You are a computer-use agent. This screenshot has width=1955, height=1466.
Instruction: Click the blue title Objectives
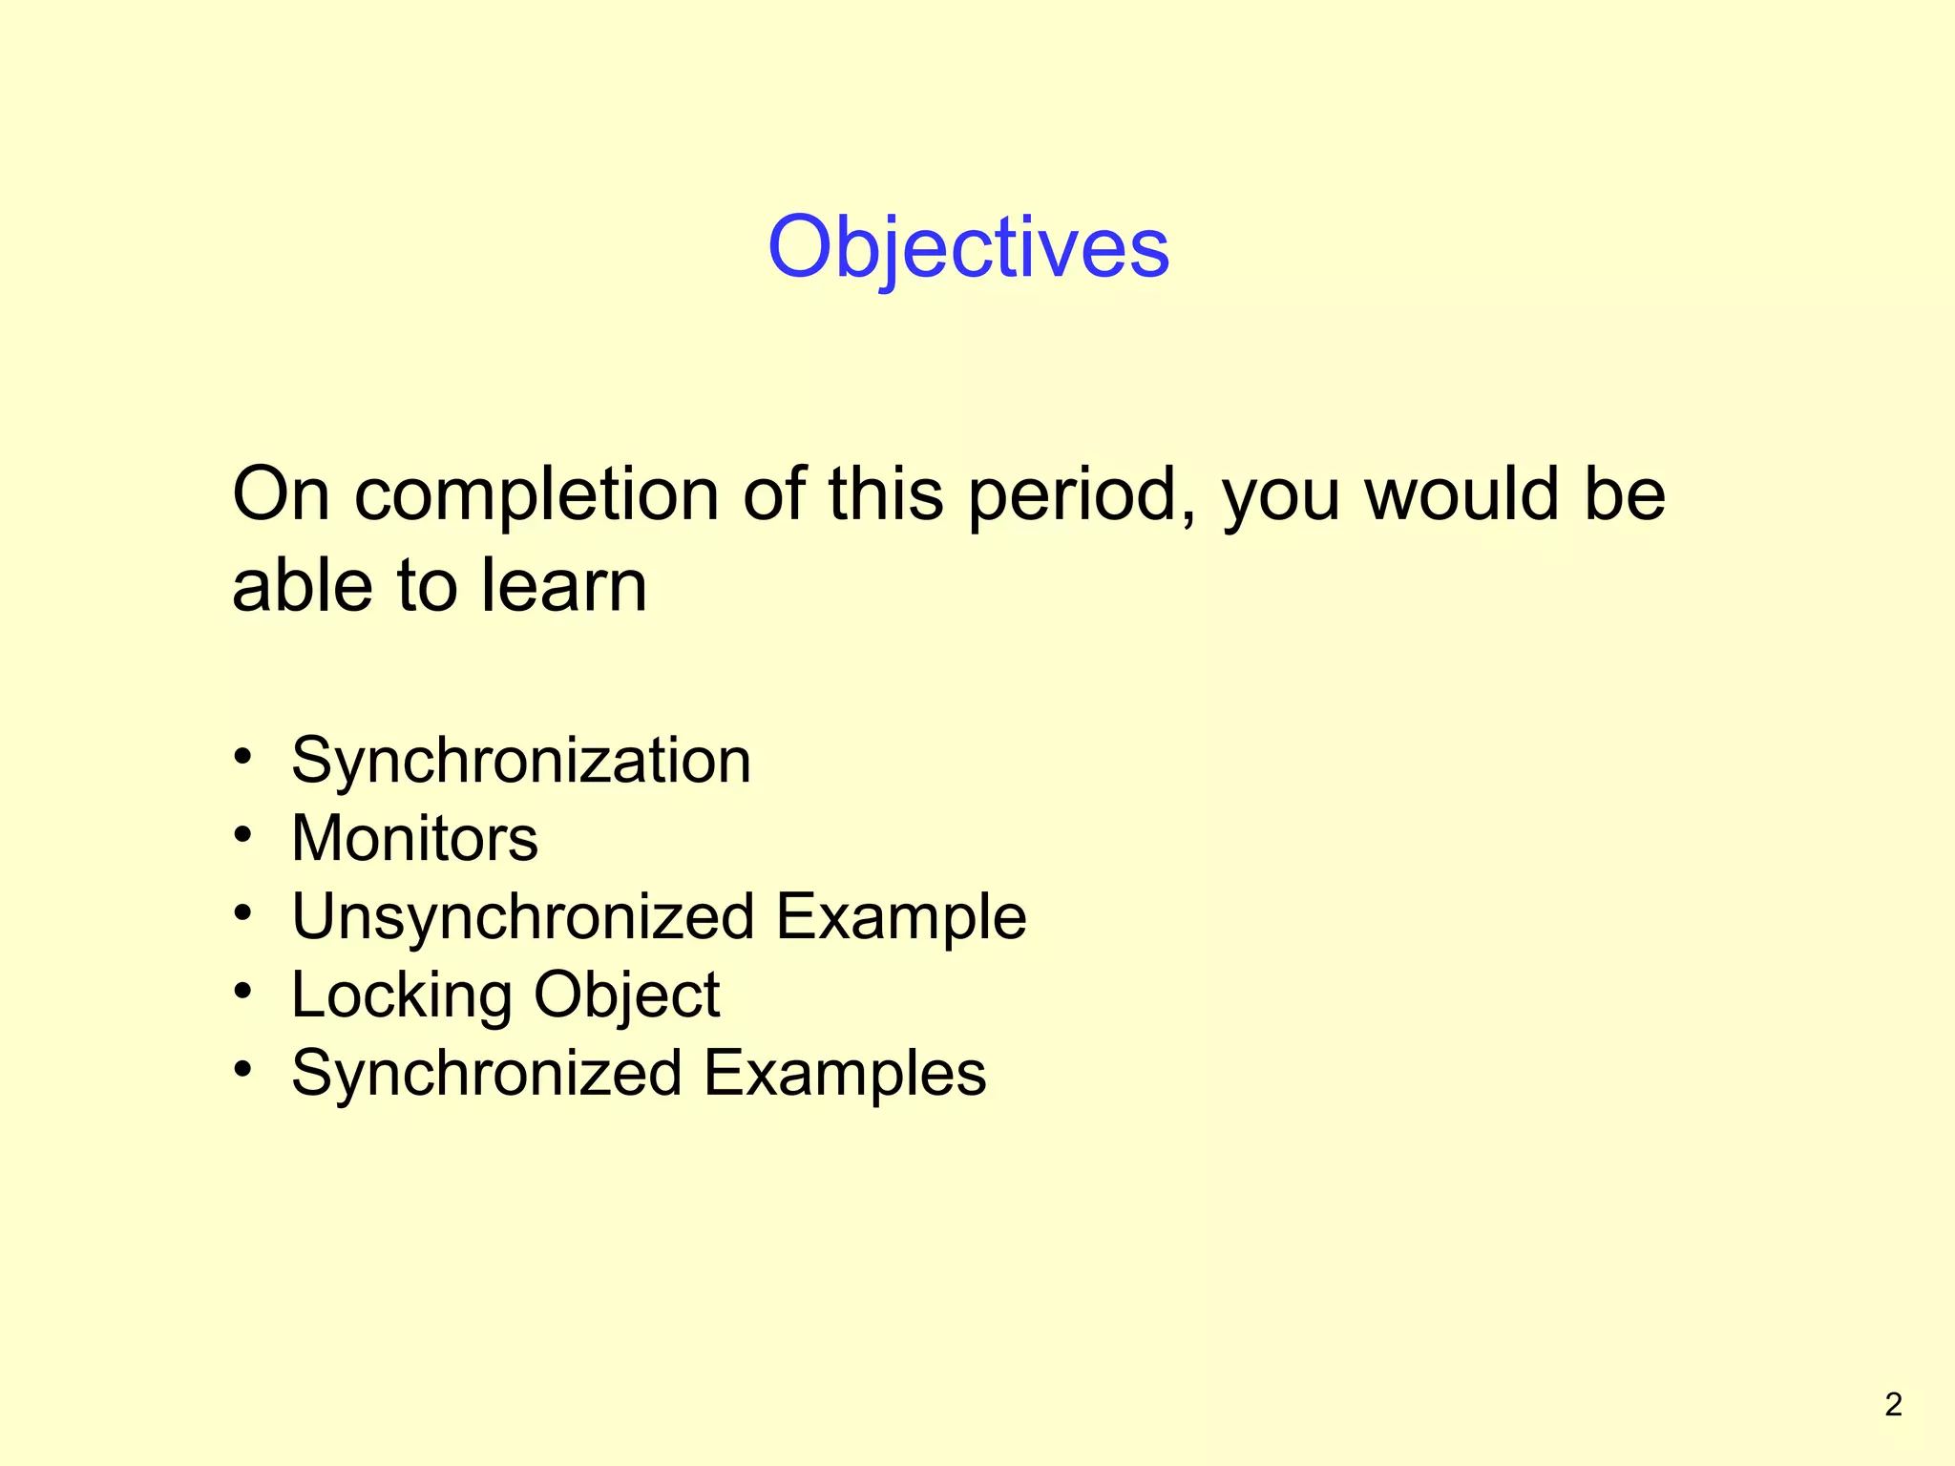click(x=968, y=247)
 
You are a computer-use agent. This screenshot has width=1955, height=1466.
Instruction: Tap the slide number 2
click(x=1893, y=1404)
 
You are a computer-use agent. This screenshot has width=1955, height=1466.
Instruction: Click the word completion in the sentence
click(x=536, y=494)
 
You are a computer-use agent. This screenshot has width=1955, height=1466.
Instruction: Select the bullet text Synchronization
click(x=521, y=762)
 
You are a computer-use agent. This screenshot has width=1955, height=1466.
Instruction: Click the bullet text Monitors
click(x=414, y=839)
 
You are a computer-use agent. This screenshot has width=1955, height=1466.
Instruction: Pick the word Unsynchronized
click(x=523, y=917)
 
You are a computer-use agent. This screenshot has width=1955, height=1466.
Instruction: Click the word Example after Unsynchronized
click(x=900, y=917)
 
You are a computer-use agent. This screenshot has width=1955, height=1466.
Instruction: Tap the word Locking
click(x=401, y=995)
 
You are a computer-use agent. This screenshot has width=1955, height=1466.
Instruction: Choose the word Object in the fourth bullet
click(x=626, y=995)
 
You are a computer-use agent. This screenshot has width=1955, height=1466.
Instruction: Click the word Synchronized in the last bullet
click(x=487, y=1074)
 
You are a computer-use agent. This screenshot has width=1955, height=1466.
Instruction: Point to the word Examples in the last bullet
click(x=845, y=1074)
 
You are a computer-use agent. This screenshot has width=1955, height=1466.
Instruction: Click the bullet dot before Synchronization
click(x=243, y=757)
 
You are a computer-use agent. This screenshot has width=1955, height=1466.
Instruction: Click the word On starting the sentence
click(x=281, y=494)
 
